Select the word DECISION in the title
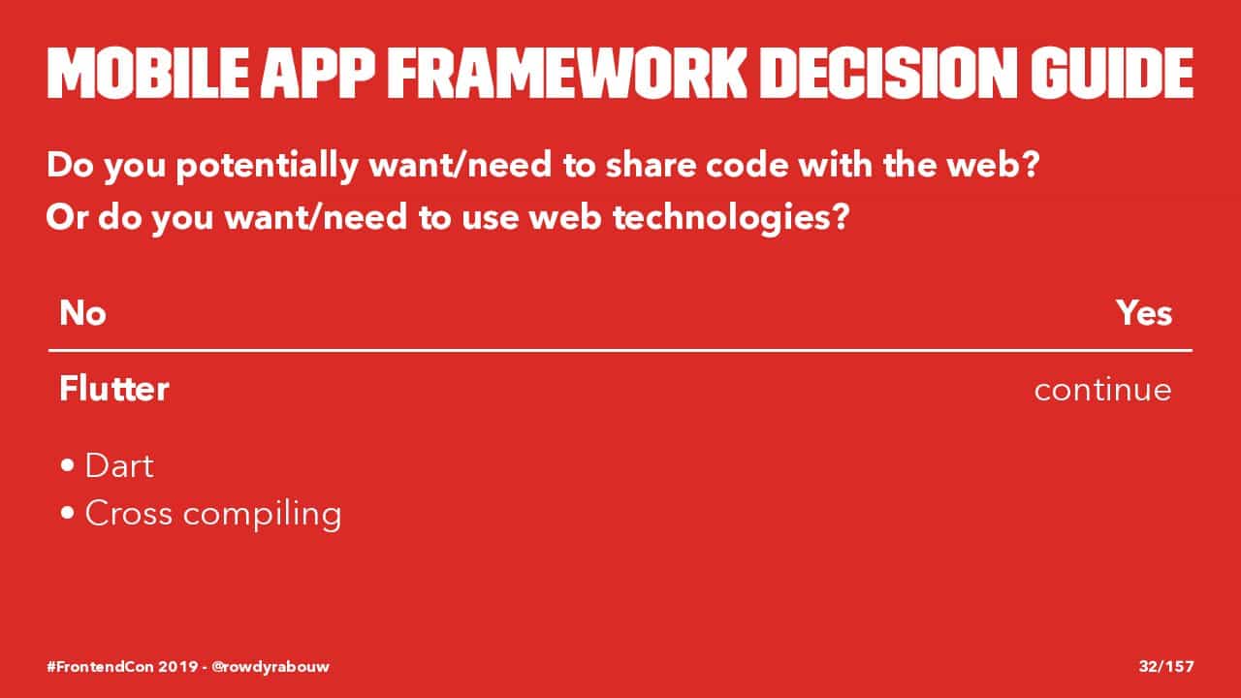point(887,73)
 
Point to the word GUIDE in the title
point(1111,73)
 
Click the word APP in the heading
point(318,73)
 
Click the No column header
point(82,313)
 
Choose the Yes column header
point(1143,313)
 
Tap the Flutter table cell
point(113,389)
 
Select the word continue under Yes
point(1102,390)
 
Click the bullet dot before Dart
point(68,465)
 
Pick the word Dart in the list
point(119,465)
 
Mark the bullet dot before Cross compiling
point(68,513)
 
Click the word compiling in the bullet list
point(262,515)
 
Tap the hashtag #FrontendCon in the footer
point(100,666)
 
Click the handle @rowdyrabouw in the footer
point(270,667)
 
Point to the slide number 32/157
point(1166,666)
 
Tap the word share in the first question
point(650,165)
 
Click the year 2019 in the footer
point(178,666)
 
